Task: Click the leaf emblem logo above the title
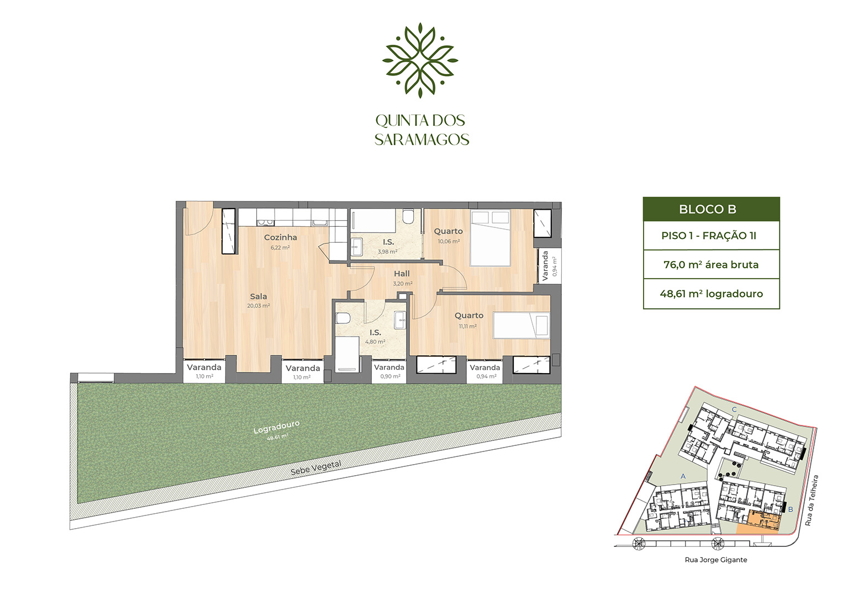pyautogui.click(x=420, y=60)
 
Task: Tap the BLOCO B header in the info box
pyautogui.click(x=711, y=210)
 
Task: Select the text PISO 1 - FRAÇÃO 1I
pyautogui.click(x=709, y=236)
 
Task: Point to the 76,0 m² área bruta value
pyautogui.click(x=711, y=265)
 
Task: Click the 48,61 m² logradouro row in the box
pyautogui.click(x=711, y=294)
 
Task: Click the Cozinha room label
pyautogui.click(x=280, y=237)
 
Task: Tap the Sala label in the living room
pyautogui.click(x=258, y=296)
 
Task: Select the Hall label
pyautogui.click(x=402, y=274)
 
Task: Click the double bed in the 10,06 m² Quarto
pyautogui.click(x=489, y=238)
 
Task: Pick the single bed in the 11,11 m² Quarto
pyautogui.click(x=521, y=325)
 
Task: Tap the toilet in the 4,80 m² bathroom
pyautogui.click(x=343, y=319)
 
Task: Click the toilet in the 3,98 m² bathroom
pyautogui.click(x=408, y=216)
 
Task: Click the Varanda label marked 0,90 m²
pyautogui.click(x=389, y=368)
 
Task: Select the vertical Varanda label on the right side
pyautogui.click(x=545, y=266)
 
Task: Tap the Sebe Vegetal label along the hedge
pyautogui.click(x=316, y=468)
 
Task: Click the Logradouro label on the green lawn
pyautogui.click(x=276, y=427)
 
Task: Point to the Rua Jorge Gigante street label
pyautogui.click(x=715, y=560)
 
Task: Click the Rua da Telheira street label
pyautogui.click(x=811, y=500)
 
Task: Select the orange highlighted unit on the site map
pyautogui.click(x=761, y=523)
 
